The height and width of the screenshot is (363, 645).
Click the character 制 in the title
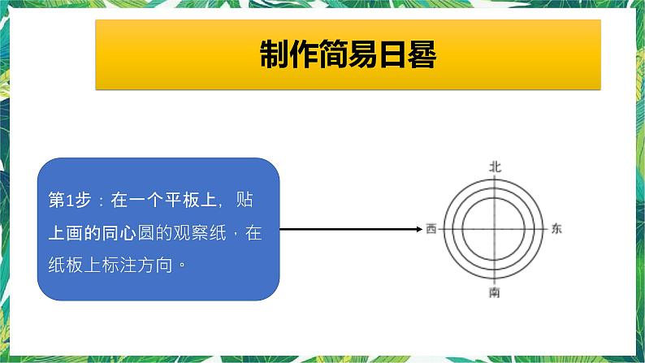click(x=277, y=55)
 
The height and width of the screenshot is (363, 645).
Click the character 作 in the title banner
click(x=313, y=55)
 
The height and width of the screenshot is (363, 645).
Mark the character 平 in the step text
click(x=174, y=201)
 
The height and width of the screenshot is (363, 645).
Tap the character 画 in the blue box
click(x=75, y=233)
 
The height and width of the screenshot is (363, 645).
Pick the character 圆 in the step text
click(x=145, y=233)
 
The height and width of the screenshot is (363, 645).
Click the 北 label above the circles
click(x=495, y=166)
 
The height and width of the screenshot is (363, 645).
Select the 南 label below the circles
click(x=495, y=292)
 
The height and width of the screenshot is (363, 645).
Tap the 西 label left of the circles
click(x=431, y=229)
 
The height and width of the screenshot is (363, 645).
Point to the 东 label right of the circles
click(x=556, y=229)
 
